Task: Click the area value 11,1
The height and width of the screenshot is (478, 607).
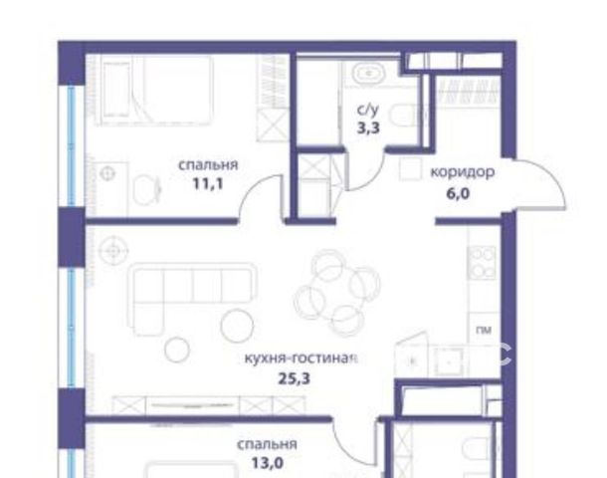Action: (x=208, y=184)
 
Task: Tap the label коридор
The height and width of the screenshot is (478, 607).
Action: (x=463, y=171)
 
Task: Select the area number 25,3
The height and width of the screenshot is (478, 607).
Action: (x=295, y=378)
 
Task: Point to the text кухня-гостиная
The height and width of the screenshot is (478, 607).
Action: (x=301, y=358)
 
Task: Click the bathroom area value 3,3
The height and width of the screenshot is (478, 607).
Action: (x=368, y=127)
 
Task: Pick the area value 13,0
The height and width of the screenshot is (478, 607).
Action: (x=268, y=463)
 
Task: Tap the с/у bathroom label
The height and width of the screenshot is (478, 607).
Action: (x=368, y=110)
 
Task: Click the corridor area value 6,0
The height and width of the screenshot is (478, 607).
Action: (x=458, y=193)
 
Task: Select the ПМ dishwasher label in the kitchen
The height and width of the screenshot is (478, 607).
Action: (x=484, y=330)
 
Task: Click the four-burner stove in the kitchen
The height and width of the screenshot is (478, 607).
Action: (x=482, y=262)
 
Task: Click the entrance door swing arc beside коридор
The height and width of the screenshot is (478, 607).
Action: (x=556, y=179)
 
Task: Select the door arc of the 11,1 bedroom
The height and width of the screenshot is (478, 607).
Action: (x=251, y=186)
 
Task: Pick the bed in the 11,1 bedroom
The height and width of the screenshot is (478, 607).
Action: (x=157, y=90)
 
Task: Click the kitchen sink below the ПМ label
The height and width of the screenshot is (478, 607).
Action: (x=448, y=362)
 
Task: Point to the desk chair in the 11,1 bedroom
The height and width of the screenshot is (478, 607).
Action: (x=146, y=190)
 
